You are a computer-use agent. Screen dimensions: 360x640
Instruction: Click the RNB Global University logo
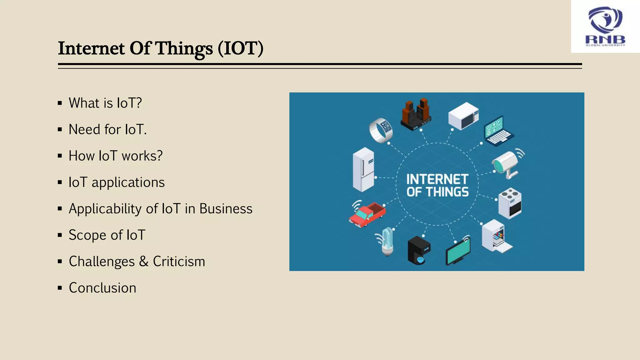[x=605, y=27]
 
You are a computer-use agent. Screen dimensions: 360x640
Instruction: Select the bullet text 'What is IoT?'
[x=105, y=103]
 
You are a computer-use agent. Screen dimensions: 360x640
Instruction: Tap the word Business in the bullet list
[x=226, y=208]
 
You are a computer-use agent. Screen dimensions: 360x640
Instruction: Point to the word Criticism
[x=179, y=261]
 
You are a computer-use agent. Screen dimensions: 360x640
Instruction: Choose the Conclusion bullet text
[x=102, y=288]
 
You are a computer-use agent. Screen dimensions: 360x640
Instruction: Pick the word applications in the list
[x=128, y=182]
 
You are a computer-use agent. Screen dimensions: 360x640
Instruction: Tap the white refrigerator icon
[x=363, y=169]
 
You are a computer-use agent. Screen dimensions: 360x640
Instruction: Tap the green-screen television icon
[x=458, y=252]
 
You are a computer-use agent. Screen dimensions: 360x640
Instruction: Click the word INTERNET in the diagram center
[x=437, y=179]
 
